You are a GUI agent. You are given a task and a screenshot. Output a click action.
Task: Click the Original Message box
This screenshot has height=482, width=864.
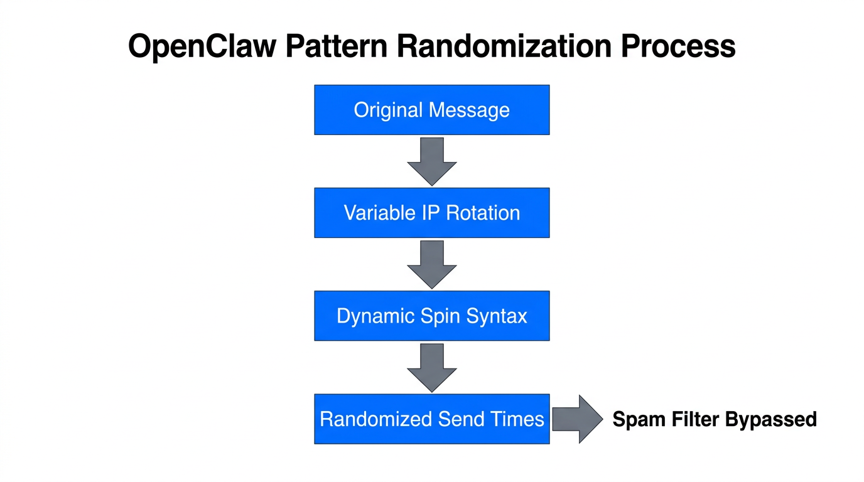point(431,110)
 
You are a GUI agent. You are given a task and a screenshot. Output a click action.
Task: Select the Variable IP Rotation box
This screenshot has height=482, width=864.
point(431,213)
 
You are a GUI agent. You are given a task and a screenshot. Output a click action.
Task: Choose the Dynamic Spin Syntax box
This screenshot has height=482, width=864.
point(431,316)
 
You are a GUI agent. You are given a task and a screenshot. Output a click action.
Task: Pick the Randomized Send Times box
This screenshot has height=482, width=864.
point(431,419)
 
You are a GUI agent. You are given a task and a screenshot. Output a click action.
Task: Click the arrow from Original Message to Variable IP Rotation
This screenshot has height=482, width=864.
point(431,161)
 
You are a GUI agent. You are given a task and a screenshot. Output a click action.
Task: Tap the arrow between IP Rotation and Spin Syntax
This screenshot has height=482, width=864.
point(431,264)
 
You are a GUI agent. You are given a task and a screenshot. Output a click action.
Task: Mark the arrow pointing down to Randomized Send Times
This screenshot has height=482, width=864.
point(431,367)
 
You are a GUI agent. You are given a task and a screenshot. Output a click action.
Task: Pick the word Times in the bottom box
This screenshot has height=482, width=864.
point(518,419)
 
